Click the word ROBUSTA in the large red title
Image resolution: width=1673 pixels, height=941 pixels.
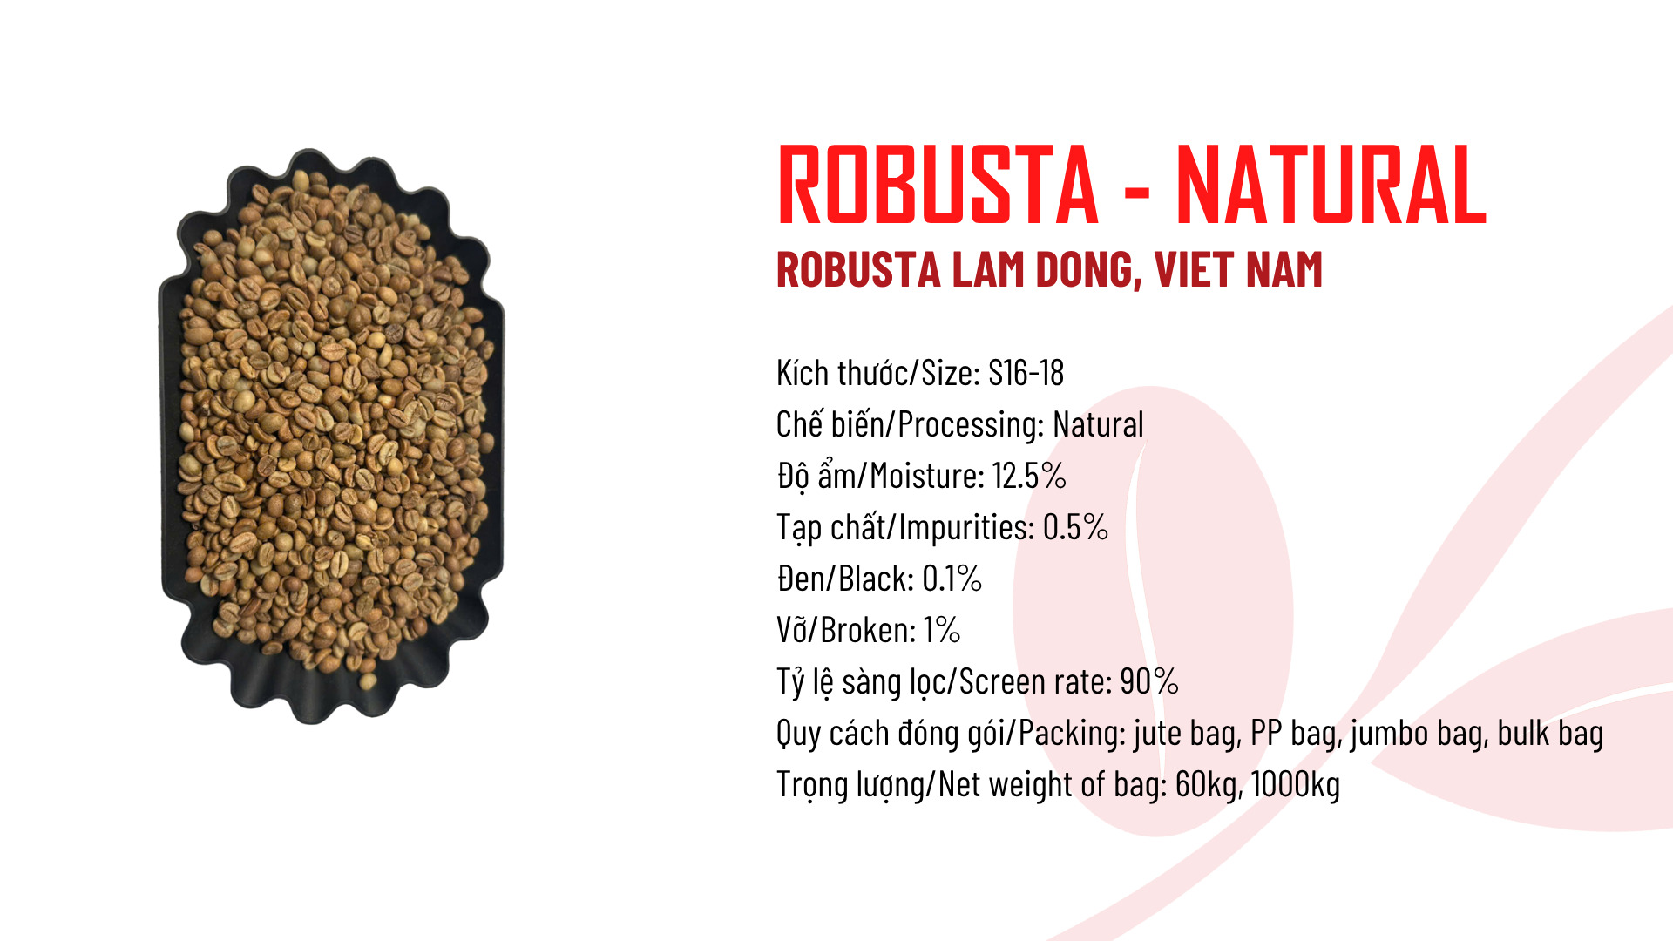938,184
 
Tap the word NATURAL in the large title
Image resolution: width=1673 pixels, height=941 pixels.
1331,184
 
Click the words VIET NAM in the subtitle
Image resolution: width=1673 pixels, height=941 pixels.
1239,269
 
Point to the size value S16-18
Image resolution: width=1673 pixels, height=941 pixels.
1026,373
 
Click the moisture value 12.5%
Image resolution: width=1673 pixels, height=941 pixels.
1029,476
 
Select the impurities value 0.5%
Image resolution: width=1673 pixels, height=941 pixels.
1075,527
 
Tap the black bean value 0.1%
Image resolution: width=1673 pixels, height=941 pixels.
952,579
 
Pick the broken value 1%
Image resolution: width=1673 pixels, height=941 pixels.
942,630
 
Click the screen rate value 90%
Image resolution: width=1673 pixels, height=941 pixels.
1149,681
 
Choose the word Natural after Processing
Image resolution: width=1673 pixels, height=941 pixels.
1098,424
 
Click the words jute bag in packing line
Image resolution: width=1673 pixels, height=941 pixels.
1187,734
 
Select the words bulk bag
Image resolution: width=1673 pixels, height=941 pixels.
1550,734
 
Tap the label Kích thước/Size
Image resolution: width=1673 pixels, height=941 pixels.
877,373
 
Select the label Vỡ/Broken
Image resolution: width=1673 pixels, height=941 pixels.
845,630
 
